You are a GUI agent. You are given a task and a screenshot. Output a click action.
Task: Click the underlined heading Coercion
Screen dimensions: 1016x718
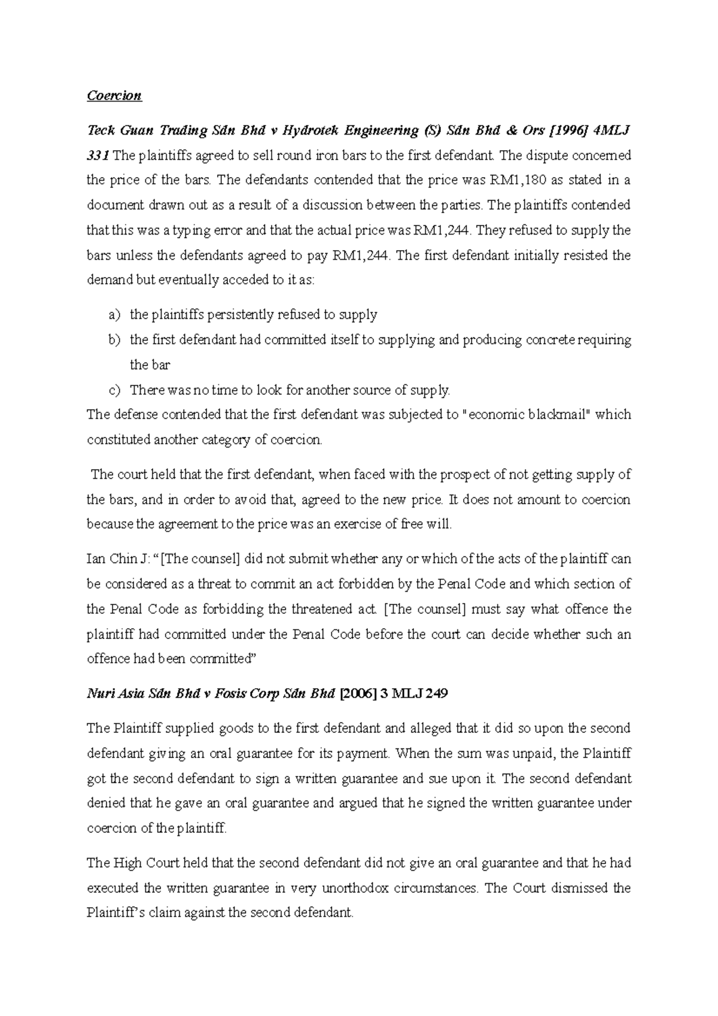click(x=114, y=96)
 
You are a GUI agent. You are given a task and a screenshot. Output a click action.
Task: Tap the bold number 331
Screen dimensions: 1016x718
click(x=98, y=156)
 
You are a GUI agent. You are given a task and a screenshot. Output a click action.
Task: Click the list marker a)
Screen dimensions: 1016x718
click(x=114, y=315)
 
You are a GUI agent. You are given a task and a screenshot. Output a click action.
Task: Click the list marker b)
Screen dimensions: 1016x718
click(x=114, y=340)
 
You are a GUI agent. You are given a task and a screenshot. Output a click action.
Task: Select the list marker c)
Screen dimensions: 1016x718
click(x=114, y=390)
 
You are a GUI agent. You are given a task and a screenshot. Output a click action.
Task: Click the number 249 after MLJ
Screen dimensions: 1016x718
click(x=435, y=694)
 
